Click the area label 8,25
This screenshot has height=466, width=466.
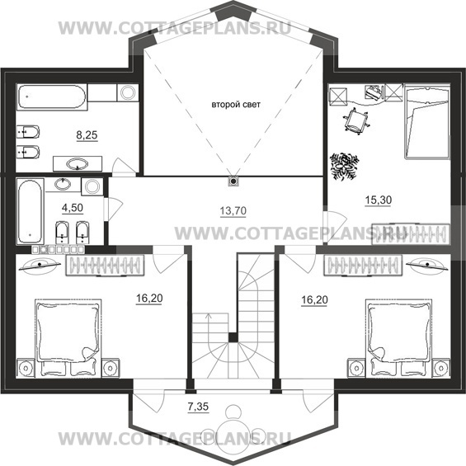(87, 135)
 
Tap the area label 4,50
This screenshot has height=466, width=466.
(73, 208)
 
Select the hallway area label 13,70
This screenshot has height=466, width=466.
(233, 210)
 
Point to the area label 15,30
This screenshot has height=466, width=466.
(378, 200)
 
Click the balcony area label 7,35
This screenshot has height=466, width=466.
(198, 407)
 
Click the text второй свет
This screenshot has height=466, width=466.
(236, 105)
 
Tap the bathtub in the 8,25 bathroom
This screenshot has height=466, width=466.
(52, 96)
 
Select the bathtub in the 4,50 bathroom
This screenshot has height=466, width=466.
(30, 211)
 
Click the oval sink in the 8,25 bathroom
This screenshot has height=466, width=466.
(78, 164)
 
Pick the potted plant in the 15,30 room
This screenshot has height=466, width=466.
(344, 166)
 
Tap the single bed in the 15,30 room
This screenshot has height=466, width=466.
(426, 122)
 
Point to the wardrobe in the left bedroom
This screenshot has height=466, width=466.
(105, 265)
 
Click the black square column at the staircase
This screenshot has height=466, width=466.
(233, 337)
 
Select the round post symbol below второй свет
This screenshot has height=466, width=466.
(233, 181)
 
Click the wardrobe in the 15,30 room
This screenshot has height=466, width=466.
(410, 234)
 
